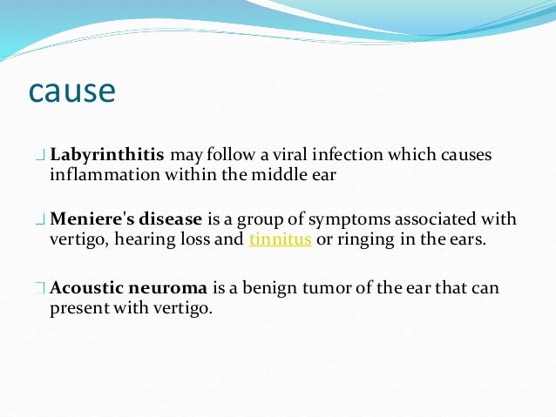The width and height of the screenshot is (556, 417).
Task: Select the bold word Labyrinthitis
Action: (107, 156)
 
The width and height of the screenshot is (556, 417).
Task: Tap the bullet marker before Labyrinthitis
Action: (41, 157)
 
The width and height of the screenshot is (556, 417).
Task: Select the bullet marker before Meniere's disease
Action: (41, 220)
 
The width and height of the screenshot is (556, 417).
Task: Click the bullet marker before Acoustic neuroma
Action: (41, 288)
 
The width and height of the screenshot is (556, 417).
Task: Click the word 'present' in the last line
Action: (77, 308)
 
